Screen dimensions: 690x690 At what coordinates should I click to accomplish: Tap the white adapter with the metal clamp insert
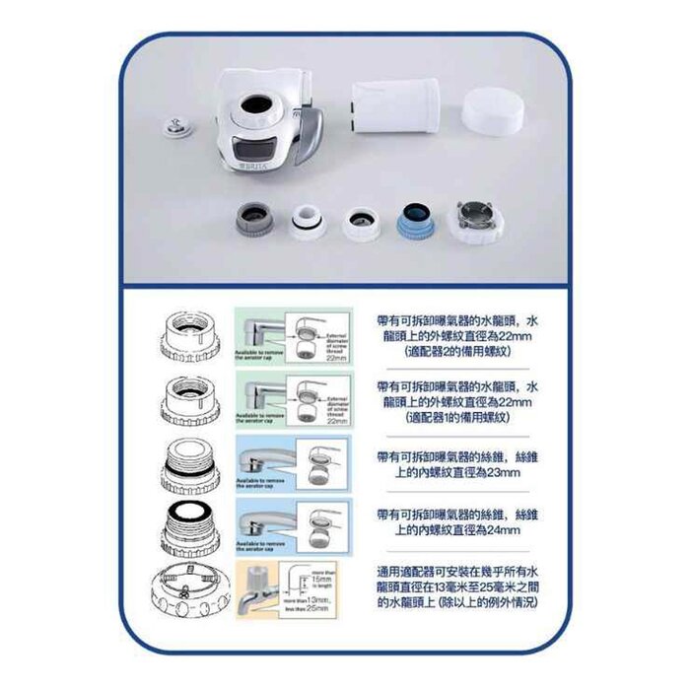coord(475,220)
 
